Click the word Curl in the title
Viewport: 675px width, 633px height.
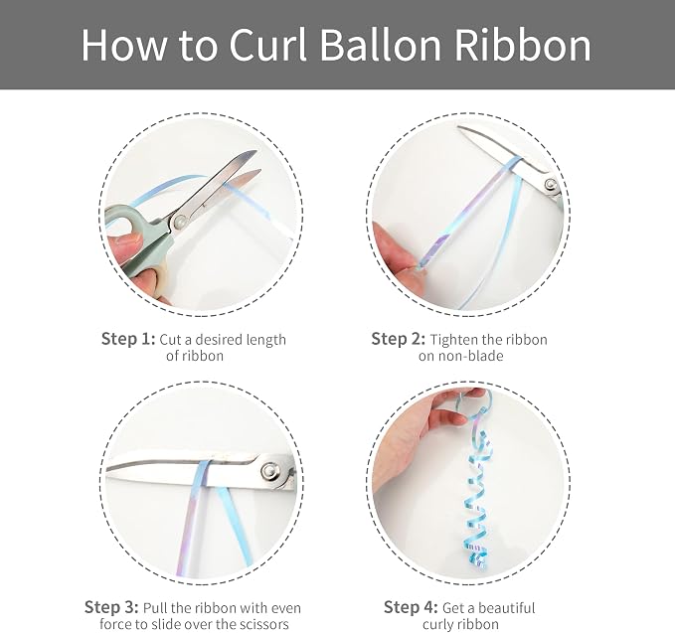[267, 45]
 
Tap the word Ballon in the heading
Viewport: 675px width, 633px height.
[381, 45]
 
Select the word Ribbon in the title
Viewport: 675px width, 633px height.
[523, 45]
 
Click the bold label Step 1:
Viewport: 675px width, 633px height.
[128, 339]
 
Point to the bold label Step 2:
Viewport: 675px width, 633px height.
[399, 339]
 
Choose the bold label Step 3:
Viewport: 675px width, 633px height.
[111, 607]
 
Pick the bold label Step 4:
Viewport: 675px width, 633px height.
[411, 607]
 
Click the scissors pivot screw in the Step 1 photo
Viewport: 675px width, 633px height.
[178, 222]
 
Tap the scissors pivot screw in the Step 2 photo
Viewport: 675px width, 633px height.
[550, 185]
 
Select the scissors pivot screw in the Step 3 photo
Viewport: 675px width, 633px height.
[270, 470]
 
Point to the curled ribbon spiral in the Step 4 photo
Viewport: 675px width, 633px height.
[476, 499]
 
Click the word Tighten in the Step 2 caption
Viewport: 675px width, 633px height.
[453, 340]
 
